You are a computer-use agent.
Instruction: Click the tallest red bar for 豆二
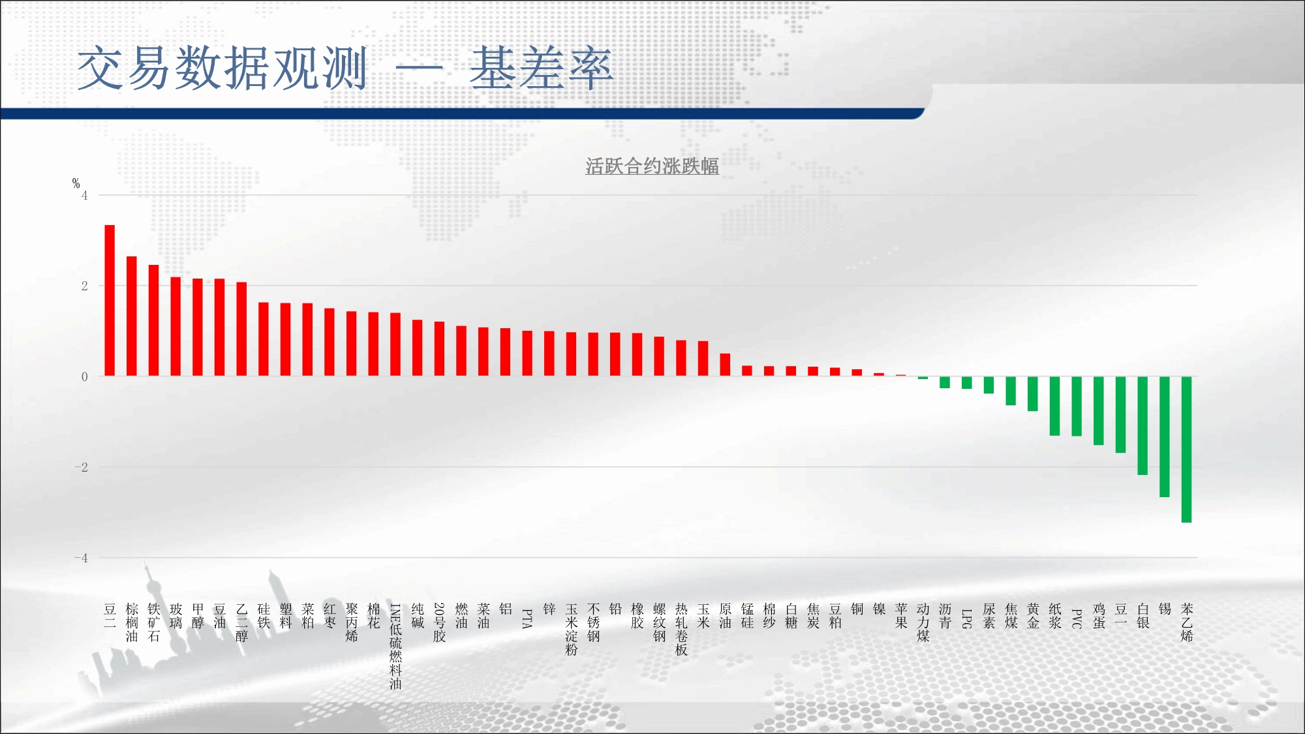tap(110, 300)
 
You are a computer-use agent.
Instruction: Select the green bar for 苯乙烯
tap(1186, 450)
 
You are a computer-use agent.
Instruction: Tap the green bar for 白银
tap(1143, 425)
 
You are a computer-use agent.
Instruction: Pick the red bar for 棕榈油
tap(132, 316)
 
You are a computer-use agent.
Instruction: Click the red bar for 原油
tap(725, 365)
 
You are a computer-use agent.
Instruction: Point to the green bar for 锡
tap(1165, 436)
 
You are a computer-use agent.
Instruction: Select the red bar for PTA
tap(527, 353)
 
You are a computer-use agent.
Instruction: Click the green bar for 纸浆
tap(1054, 406)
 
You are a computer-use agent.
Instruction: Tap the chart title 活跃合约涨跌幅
tap(652, 166)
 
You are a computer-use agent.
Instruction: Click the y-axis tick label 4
tap(85, 195)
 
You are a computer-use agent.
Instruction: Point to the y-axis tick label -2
tap(81, 467)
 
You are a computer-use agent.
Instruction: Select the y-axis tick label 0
tap(85, 376)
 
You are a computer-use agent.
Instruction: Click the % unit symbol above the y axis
tap(76, 183)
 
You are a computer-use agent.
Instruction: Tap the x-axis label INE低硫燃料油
tap(395, 646)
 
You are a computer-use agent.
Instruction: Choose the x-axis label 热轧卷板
tap(681, 629)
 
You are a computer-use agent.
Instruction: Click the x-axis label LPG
tap(967, 619)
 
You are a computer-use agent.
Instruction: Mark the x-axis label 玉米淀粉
tap(572, 629)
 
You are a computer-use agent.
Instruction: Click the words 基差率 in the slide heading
tap(542, 68)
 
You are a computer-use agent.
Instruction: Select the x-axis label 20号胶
tap(439, 622)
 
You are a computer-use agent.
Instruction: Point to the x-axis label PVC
tap(1077, 619)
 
